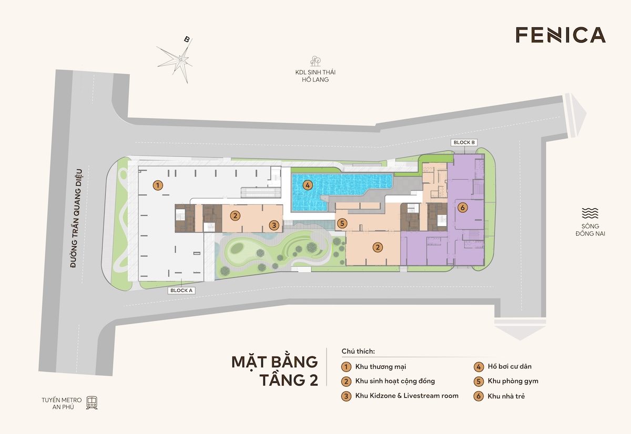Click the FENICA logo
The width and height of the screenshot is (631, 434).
click(x=560, y=35)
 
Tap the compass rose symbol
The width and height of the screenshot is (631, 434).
click(x=181, y=59)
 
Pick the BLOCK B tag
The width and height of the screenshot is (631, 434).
click(x=463, y=143)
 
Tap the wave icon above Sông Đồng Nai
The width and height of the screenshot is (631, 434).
click(x=590, y=213)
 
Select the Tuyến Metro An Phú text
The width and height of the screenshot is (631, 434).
click(x=59, y=403)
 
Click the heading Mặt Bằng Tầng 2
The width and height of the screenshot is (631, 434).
click(x=275, y=371)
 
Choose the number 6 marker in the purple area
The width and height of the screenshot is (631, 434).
click(x=462, y=207)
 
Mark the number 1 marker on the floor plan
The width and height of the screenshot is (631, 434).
click(x=157, y=185)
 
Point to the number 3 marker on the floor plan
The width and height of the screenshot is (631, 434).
click(x=273, y=225)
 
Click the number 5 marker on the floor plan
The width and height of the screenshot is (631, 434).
click(x=342, y=224)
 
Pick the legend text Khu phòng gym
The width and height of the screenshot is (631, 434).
click(x=513, y=381)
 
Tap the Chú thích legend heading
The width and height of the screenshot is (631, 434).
click(x=358, y=351)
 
